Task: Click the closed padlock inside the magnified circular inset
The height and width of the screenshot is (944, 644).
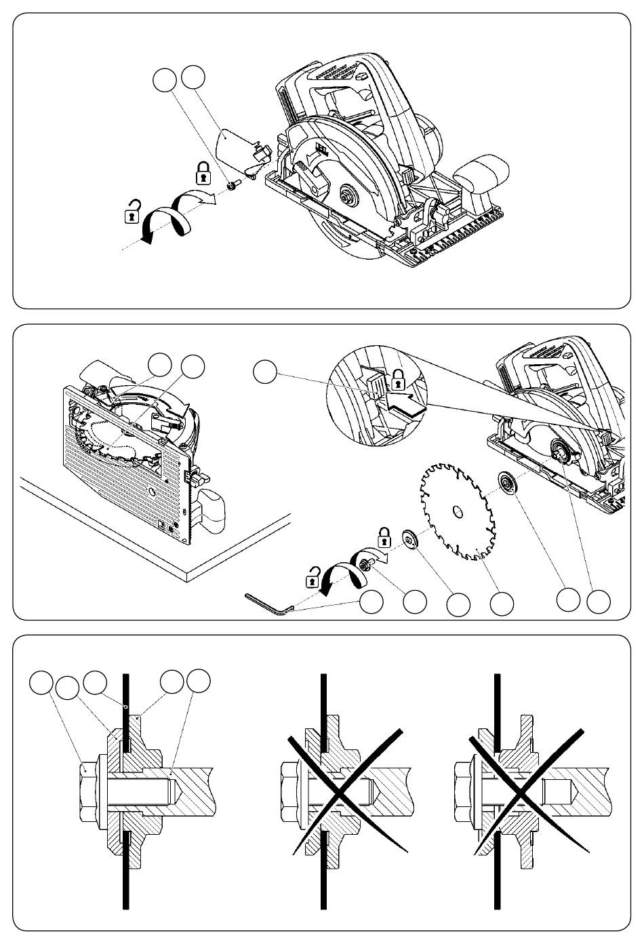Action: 399,377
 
